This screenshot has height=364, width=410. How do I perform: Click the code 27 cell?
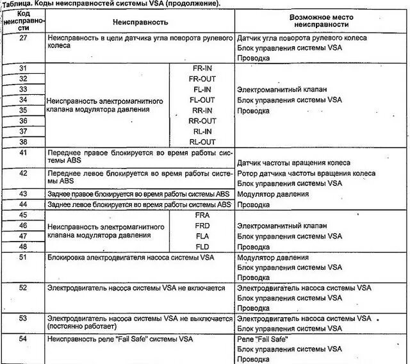23,38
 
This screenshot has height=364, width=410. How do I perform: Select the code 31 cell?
23,68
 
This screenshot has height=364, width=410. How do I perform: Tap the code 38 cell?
23,142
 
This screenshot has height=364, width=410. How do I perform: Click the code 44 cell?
23,204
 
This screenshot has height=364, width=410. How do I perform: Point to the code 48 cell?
23,247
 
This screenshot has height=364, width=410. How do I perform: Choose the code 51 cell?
23,258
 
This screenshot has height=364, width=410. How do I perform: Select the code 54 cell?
23,338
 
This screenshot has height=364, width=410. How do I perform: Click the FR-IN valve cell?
202,68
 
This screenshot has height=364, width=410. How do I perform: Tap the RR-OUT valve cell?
202,120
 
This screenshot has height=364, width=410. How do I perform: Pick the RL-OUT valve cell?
202,142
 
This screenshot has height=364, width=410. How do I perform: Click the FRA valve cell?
202,215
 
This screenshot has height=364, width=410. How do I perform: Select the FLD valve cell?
202,247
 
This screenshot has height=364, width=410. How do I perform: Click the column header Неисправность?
140,22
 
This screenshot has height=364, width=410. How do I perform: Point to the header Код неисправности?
23,21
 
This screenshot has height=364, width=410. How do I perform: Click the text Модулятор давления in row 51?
272,258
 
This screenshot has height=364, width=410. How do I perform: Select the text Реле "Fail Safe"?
263,338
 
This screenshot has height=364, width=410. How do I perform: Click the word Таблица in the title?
19,4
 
